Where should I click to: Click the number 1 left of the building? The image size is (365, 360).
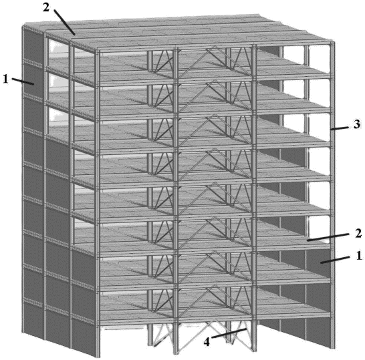[x=5, y=79]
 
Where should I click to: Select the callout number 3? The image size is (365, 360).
[x=357, y=124]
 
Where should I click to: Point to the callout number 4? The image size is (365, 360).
[x=207, y=342]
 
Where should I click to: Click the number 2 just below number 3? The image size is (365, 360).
[x=358, y=233]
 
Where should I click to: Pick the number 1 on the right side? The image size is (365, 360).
[x=359, y=256]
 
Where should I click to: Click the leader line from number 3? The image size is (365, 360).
[x=340, y=129]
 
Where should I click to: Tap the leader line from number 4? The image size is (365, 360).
[x=229, y=333]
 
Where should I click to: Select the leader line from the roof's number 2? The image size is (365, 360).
[x=64, y=22]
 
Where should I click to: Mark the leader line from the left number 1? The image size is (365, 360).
[x=23, y=81]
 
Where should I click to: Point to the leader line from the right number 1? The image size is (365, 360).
[x=335, y=260]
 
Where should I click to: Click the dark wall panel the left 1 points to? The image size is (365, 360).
[x=33, y=79]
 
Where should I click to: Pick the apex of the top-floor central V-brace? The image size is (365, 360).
[x=215, y=47]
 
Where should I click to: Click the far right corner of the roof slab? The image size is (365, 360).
[x=334, y=42]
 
